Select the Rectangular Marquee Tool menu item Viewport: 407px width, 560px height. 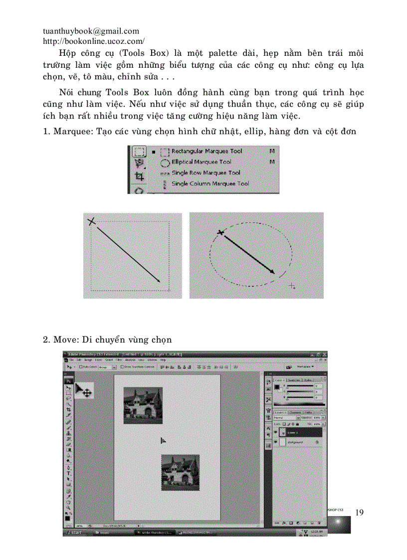pyautogui.click(x=206, y=151)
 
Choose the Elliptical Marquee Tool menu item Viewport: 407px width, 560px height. pyautogui.click(x=201, y=162)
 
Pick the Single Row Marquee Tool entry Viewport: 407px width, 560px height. pyautogui.click(x=205, y=173)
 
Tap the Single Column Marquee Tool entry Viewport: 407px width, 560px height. pyautogui.click(x=209, y=184)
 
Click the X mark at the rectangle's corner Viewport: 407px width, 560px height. pyautogui.click(x=92, y=221)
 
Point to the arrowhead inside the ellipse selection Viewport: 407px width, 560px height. pyautogui.click(x=272, y=271)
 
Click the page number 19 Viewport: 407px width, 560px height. pyautogui.click(x=360, y=513)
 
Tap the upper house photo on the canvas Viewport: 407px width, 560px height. pyautogui.click(x=143, y=405)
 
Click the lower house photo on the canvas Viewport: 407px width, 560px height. pyautogui.click(x=180, y=472)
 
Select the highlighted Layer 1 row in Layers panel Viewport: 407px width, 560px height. pyautogui.click(x=299, y=432)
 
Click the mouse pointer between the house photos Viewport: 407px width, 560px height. pyautogui.click(x=163, y=440)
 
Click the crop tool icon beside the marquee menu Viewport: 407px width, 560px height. pyautogui.click(x=139, y=176)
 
